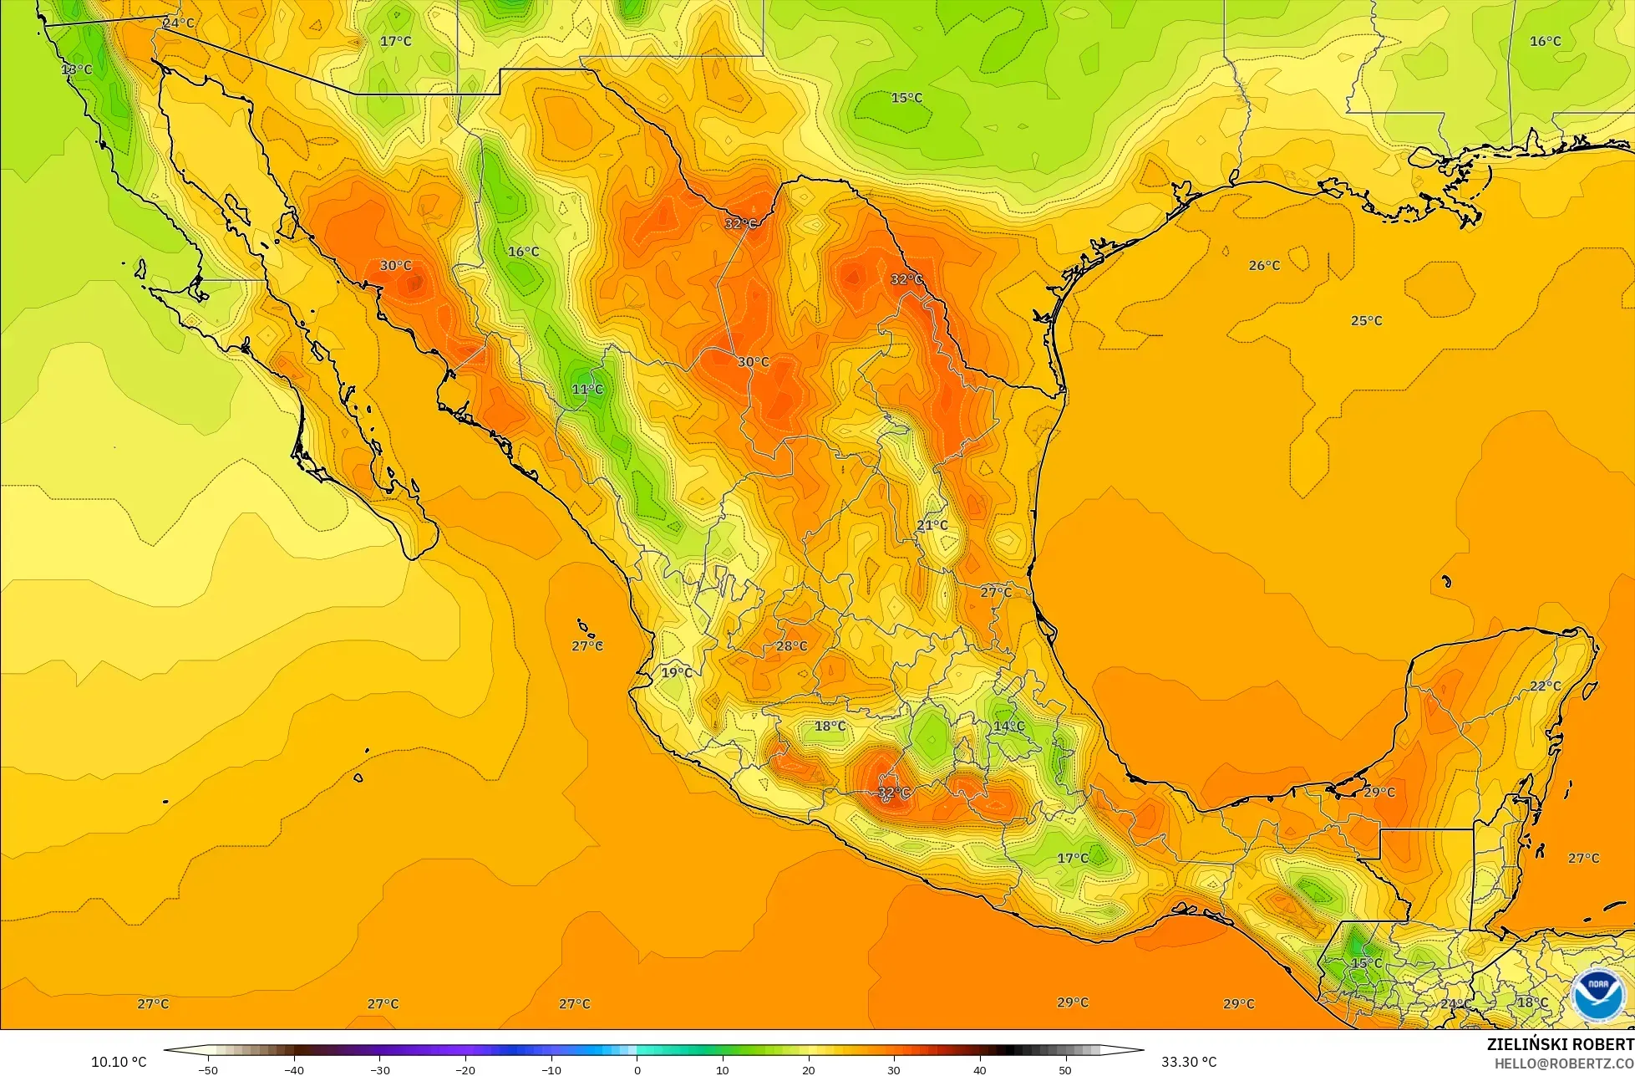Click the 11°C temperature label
(x=586, y=390)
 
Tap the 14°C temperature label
(x=1008, y=727)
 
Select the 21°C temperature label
(x=932, y=526)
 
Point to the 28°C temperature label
(x=791, y=646)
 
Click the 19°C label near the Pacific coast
(x=677, y=672)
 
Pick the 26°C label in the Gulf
(x=1264, y=266)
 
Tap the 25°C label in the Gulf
(x=1367, y=321)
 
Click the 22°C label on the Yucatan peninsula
(x=1545, y=686)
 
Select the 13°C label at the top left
(x=76, y=69)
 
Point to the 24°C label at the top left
(x=178, y=23)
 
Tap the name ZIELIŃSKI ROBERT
(x=1560, y=1045)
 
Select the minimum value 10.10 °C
(x=119, y=1062)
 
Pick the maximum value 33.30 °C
(x=1189, y=1062)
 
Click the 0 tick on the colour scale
(x=637, y=1069)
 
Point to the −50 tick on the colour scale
(x=208, y=1069)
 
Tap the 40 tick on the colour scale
(x=979, y=1069)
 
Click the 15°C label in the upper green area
(x=906, y=98)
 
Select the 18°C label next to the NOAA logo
(x=1532, y=1003)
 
